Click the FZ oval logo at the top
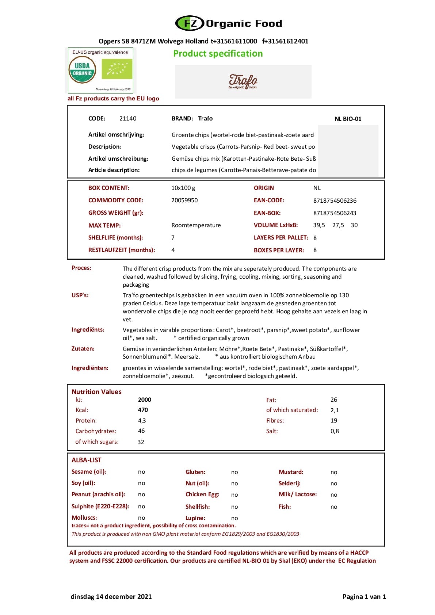click(x=190, y=23)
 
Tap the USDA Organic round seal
click(x=82, y=70)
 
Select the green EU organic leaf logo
click(x=117, y=69)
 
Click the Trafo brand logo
click(x=243, y=81)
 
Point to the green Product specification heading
click(x=218, y=54)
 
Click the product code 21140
click(x=128, y=119)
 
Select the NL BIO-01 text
click(x=348, y=119)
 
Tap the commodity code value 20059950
click(x=184, y=200)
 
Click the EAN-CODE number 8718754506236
click(x=335, y=201)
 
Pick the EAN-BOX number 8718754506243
click(x=335, y=213)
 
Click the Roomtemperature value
click(x=196, y=225)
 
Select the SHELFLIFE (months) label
click(x=115, y=238)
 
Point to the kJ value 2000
click(x=145, y=400)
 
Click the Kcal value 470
click(x=143, y=410)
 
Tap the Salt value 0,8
click(x=335, y=431)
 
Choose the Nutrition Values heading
click(x=96, y=392)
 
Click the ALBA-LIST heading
click(x=86, y=460)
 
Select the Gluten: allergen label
click(x=195, y=472)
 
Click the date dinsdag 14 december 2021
click(x=111, y=597)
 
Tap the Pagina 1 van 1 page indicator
click(x=364, y=597)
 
